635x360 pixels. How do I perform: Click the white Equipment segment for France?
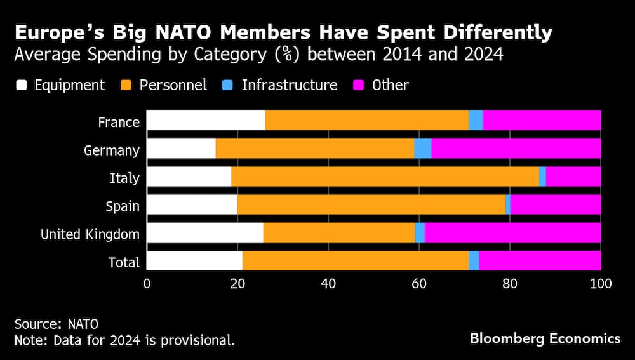[206, 121]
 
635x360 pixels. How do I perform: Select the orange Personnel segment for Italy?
[385, 177]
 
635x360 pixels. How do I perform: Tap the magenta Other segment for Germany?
[516, 149]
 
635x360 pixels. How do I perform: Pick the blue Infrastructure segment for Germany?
[423, 149]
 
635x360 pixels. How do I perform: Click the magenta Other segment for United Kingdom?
[512, 232]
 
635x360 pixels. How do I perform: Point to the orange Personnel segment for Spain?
[371, 204]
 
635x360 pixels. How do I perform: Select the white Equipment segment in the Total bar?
[194, 260]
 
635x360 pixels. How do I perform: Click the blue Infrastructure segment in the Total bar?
[474, 260]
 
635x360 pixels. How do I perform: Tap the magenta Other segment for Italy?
[573, 177]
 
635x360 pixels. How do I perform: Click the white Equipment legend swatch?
[21, 85]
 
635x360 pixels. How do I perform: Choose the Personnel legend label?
[173, 85]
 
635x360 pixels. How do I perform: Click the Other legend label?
[391, 85]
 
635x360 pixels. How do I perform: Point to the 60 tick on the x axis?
[419, 284]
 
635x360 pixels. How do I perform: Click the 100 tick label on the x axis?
[601, 284]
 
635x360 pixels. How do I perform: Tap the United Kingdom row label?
[90, 234]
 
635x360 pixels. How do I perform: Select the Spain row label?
[123, 206]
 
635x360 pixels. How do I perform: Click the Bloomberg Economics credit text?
[545, 338]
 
